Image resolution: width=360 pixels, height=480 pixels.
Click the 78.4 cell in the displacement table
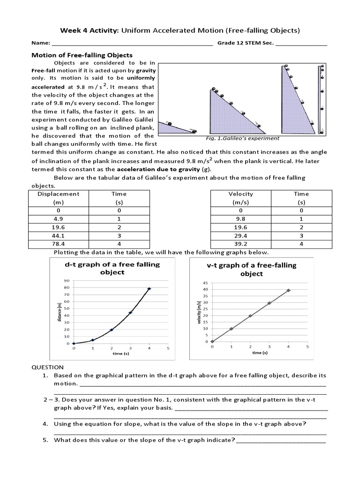tap(59, 244)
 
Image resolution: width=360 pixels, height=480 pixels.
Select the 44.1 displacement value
tap(59, 236)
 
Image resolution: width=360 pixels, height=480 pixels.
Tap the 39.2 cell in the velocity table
tap(240, 244)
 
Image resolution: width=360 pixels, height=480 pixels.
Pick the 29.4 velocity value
tap(240, 236)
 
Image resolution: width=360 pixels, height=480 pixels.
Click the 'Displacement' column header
tap(59, 194)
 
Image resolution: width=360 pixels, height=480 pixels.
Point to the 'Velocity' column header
tap(240, 194)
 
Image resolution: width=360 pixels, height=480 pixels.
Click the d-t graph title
tap(112, 268)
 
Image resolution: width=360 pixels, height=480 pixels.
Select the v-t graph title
tap(252, 270)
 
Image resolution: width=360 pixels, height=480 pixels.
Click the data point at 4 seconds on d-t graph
tap(149, 289)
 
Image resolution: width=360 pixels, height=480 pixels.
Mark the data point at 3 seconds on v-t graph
tap(269, 303)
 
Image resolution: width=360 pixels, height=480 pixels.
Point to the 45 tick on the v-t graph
tap(205, 283)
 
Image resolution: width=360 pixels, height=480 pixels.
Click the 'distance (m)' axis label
tap(60, 312)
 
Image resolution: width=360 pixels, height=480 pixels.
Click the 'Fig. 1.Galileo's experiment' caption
tap(242, 138)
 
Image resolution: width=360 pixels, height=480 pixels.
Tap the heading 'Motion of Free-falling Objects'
tap(82, 55)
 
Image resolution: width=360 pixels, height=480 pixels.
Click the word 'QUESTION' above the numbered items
tap(47, 367)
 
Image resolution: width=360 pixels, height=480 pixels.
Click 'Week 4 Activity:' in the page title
tap(89, 30)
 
